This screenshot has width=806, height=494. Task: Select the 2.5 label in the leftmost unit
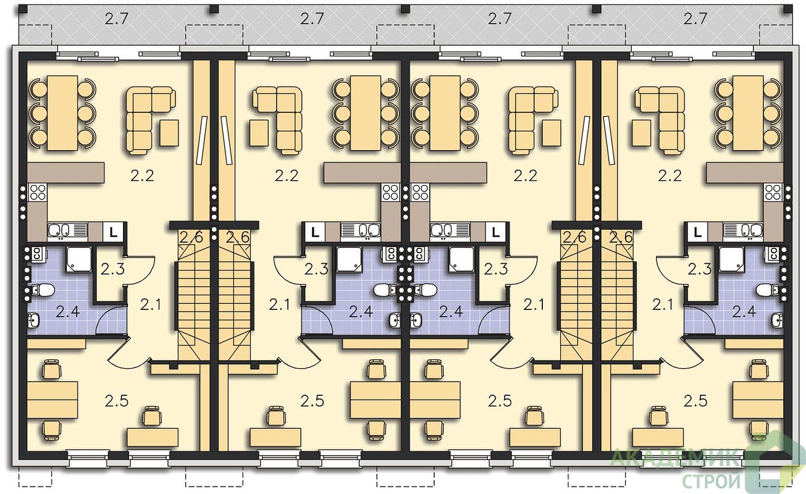coord(117,401)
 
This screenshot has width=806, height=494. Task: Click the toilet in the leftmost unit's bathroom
coord(43,289)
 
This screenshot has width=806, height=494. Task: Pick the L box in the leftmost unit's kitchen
coord(114,232)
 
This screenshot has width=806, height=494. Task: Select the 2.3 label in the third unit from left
coord(495,269)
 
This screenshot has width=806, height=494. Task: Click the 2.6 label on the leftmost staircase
coord(191,238)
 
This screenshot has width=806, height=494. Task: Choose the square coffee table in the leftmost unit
coord(169,133)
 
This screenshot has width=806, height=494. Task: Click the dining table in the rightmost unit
coord(749,113)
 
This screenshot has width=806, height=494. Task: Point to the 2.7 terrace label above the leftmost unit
coord(117,19)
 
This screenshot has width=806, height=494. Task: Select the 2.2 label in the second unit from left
coord(287,176)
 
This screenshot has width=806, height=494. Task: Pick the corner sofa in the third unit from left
coord(530,120)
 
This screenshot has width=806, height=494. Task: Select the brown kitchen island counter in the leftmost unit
coord(66,173)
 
